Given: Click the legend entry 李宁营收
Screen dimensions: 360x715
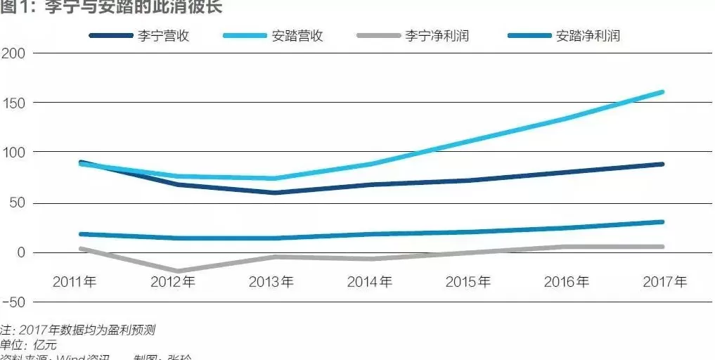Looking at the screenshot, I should (x=163, y=36).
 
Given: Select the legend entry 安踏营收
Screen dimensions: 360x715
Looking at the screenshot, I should (x=297, y=36).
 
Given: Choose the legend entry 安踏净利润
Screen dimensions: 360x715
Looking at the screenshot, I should (x=588, y=36).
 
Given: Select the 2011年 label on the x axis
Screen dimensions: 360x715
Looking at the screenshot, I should (x=75, y=283).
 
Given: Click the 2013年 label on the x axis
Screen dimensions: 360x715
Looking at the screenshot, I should (x=271, y=283).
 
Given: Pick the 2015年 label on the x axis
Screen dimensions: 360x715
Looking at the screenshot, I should (x=468, y=283).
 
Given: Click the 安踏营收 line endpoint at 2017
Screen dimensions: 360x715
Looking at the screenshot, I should (x=662, y=92).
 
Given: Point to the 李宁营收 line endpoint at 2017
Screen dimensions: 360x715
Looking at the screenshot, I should (x=662, y=165).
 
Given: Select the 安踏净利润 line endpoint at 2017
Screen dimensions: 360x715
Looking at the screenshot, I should (x=662, y=222).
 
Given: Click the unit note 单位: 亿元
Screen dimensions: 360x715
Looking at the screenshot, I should (x=29, y=345).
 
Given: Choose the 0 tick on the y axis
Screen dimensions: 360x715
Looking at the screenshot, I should (x=20, y=252).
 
